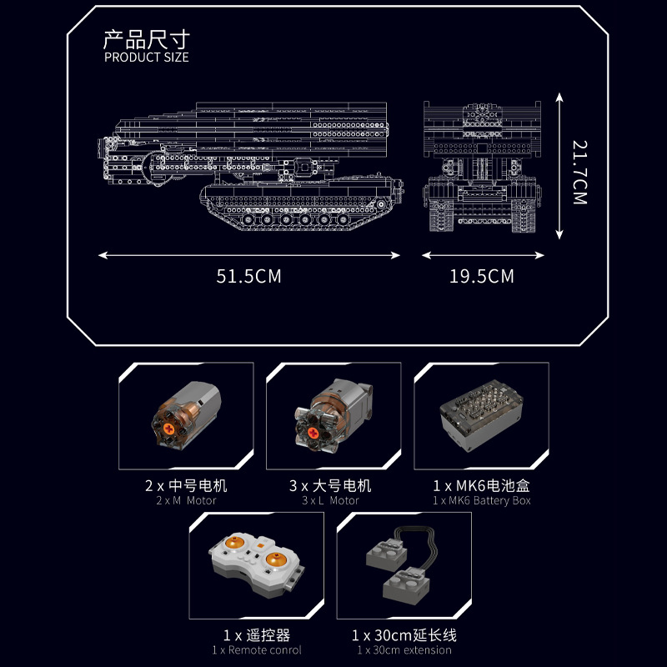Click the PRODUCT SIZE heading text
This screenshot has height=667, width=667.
[x=147, y=58]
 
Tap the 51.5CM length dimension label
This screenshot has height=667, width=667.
[x=248, y=276]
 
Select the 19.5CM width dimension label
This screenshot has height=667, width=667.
[x=482, y=276]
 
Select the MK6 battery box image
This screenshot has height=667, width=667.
[x=480, y=415]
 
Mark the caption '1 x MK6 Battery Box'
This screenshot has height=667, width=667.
[x=481, y=500]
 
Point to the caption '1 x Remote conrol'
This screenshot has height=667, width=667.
[x=257, y=649]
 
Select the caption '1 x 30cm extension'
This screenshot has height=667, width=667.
[x=404, y=649]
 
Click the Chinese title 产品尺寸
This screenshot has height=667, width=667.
[x=147, y=39]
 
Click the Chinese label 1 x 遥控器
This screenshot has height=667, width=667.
[x=257, y=634]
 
